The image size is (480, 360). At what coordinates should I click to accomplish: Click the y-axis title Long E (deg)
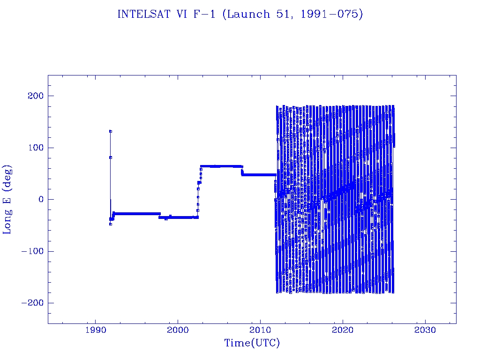point(7,199)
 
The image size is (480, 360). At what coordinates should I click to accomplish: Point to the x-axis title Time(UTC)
point(252,343)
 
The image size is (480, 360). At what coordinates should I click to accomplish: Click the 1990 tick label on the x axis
point(96,330)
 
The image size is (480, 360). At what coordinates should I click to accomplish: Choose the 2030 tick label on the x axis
point(425,330)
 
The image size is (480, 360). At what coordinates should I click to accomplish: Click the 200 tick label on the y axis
point(34,96)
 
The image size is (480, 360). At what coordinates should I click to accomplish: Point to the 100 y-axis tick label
point(34,148)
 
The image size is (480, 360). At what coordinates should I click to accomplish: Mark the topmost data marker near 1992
point(111,131)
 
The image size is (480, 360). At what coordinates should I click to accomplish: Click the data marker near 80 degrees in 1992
point(111,157)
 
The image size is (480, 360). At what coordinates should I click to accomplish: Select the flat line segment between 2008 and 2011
point(258,175)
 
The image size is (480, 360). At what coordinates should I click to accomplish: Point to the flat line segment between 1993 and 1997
point(136,213)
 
